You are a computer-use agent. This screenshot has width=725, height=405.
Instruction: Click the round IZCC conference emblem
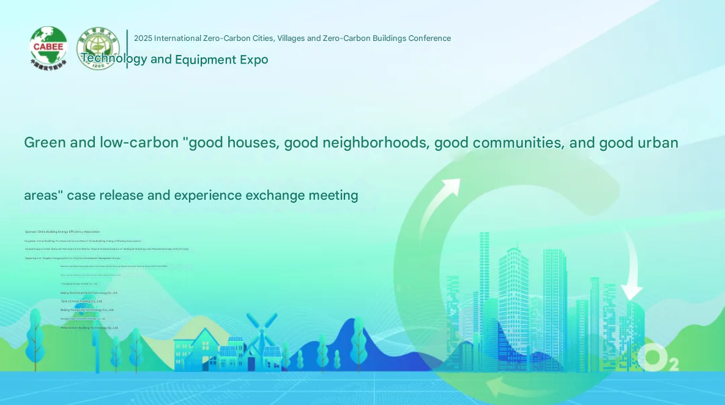(98, 48)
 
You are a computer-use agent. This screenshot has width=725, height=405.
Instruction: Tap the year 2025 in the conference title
(143, 38)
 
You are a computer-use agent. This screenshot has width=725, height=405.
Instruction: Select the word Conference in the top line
(429, 38)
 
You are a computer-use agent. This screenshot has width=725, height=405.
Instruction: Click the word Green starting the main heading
(45, 143)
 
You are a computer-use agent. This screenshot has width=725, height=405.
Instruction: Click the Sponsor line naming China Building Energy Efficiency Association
(62, 232)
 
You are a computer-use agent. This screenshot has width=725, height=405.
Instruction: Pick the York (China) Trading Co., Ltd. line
(81, 301)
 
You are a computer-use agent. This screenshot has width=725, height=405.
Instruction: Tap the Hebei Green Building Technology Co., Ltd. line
(89, 327)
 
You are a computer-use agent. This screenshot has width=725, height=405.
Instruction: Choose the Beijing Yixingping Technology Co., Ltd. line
(87, 310)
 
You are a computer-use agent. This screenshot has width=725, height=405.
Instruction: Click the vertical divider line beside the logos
(127, 49)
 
